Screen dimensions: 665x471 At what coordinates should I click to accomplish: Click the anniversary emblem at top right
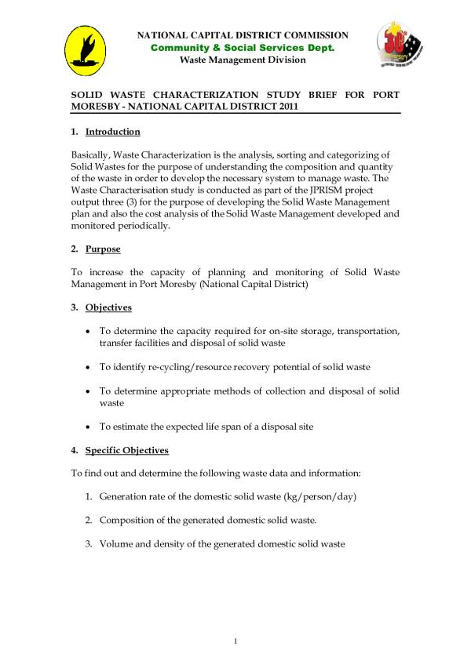click(401, 46)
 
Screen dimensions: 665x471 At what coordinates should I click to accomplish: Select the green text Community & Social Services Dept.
click(243, 48)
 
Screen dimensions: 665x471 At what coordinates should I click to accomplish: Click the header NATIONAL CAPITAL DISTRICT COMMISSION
click(243, 36)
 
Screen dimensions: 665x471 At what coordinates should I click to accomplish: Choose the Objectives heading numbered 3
click(108, 307)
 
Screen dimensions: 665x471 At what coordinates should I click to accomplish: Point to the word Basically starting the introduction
click(93, 156)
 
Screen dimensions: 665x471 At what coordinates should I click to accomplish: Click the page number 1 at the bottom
click(235, 642)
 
